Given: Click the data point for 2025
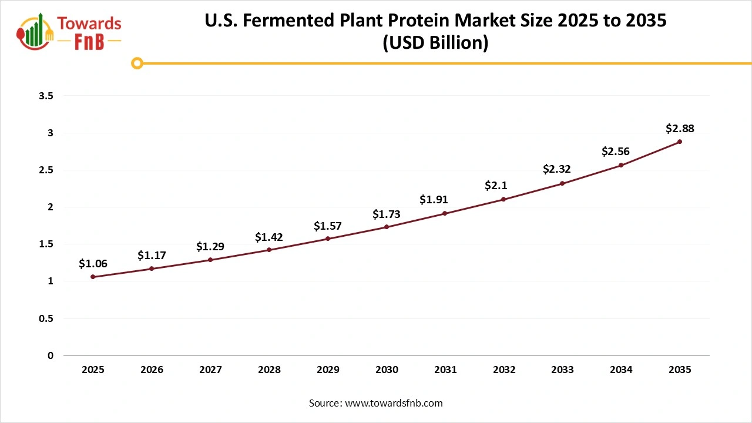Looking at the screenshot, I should click(93, 277).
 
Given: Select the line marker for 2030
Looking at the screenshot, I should click(387, 227).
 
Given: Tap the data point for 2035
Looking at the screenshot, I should click(680, 142).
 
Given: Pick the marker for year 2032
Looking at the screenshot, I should click(503, 199).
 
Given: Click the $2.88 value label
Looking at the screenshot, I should click(680, 128).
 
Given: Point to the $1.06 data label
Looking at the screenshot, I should click(93, 264).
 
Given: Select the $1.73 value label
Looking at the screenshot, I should click(387, 214).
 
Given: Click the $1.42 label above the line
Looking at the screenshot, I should click(269, 237).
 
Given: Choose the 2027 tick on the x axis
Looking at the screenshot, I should click(210, 370).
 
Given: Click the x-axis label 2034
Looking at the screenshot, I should click(621, 370).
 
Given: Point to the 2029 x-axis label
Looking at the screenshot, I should click(328, 370).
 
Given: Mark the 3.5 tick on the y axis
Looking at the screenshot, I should click(46, 96).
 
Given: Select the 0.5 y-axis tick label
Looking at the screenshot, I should click(46, 318).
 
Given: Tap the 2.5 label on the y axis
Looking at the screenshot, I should click(46, 170).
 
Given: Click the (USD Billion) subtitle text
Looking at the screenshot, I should click(435, 43).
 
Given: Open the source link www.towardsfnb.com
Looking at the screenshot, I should click(394, 403).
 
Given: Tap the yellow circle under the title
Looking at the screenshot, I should click(137, 63).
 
